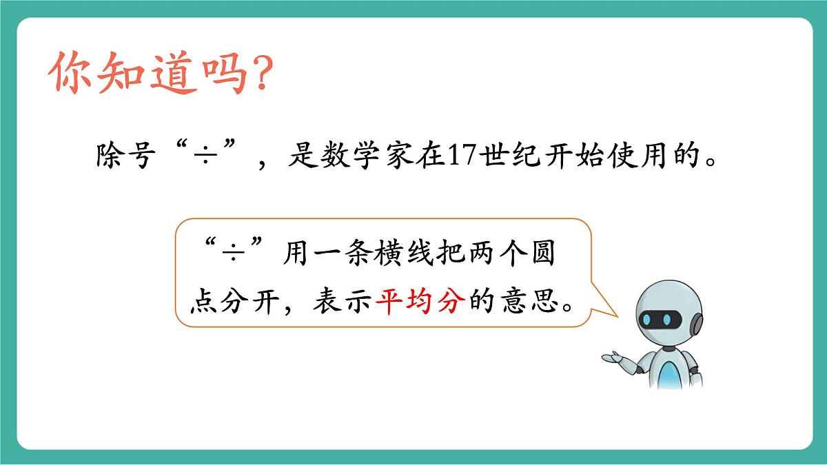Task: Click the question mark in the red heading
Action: click(x=257, y=75)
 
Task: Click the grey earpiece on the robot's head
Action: click(x=697, y=322)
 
